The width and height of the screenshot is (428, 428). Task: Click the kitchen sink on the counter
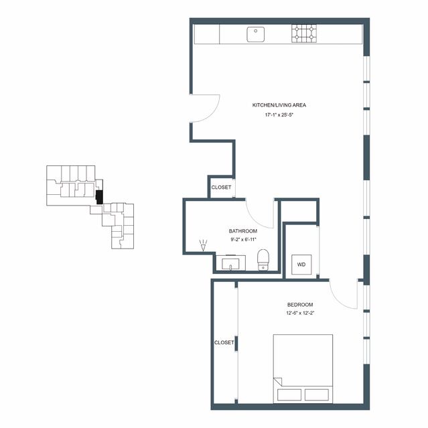(x=255, y=34)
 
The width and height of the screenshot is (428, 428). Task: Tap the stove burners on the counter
(x=304, y=33)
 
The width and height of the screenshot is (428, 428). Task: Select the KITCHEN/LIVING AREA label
(x=279, y=105)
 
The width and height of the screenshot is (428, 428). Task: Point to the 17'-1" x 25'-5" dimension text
(x=279, y=115)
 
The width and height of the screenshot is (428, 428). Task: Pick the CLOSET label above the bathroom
(x=221, y=188)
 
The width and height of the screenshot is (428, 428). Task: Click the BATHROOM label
(x=243, y=231)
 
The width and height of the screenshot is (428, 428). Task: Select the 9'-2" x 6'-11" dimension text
(x=243, y=240)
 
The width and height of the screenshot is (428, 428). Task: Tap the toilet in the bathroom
(x=263, y=260)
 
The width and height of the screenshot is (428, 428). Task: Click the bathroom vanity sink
(x=230, y=263)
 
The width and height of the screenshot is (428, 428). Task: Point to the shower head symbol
(x=203, y=245)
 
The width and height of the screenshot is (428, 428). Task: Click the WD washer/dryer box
(x=301, y=265)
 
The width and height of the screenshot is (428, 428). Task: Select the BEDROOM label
(x=300, y=305)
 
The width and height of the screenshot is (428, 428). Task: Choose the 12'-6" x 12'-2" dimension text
(x=300, y=313)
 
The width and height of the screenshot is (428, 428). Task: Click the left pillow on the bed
(x=289, y=395)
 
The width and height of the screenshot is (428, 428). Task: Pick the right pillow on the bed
(x=317, y=395)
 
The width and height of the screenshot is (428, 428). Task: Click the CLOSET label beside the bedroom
(x=224, y=342)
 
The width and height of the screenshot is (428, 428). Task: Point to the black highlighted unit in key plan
(x=99, y=197)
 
